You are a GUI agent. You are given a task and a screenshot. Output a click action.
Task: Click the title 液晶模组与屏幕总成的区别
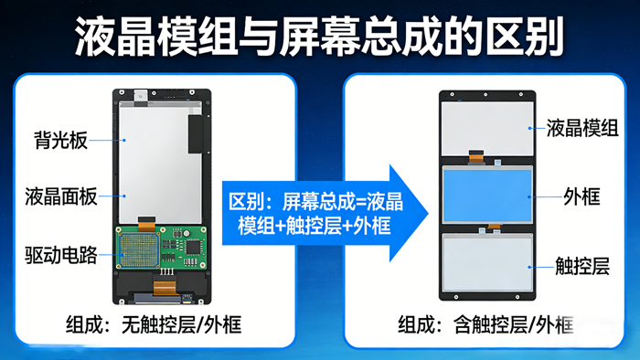click(x=319, y=38)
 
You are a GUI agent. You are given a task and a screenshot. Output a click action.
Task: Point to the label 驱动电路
click(x=61, y=254)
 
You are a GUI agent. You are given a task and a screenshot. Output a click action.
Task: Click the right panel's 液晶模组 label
click(x=581, y=128)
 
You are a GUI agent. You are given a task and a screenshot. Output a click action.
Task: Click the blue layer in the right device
click(x=487, y=195)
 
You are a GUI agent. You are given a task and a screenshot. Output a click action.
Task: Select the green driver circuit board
click(x=161, y=249)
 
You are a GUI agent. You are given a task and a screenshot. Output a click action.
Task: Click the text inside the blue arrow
click(x=304, y=213)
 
